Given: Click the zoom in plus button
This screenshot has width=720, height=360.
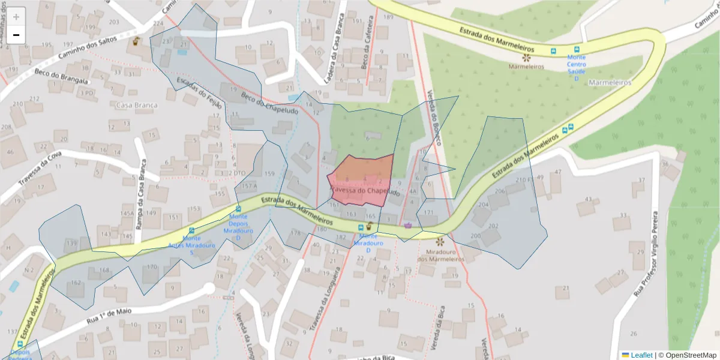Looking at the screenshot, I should pyautogui.click(x=16, y=17).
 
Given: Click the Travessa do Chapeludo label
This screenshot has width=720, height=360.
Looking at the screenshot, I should pyautogui.click(x=365, y=191).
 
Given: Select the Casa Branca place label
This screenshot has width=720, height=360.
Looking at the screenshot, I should pyautogui.click(x=137, y=106).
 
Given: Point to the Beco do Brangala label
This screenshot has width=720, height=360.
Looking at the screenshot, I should pyautogui.click(x=62, y=77).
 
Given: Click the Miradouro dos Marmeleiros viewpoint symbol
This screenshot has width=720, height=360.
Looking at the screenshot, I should pyautogui.click(x=440, y=241).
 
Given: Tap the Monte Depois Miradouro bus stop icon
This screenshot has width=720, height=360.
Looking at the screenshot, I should pyautogui.click(x=238, y=209).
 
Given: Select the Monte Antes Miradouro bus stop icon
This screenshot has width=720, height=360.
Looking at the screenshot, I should pyautogui.click(x=192, y=230).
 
